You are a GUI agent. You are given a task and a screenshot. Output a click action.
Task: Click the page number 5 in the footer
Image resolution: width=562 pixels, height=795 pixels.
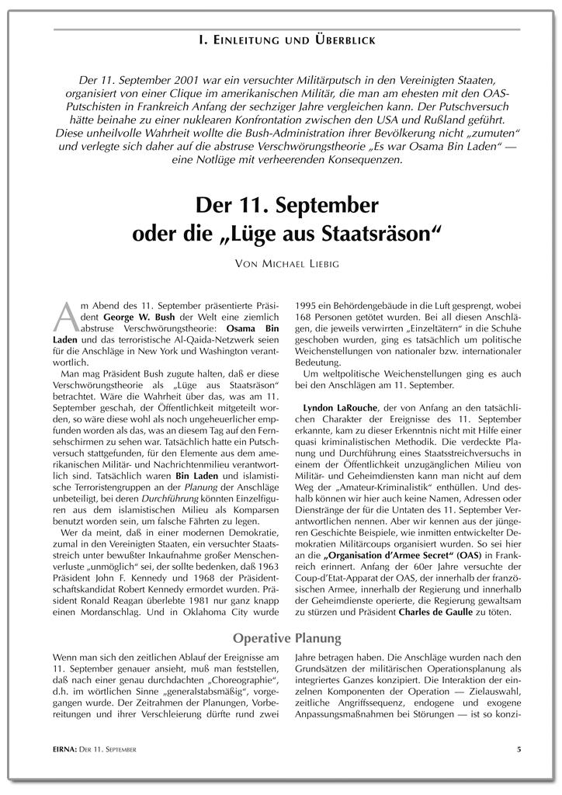click(518, 749)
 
